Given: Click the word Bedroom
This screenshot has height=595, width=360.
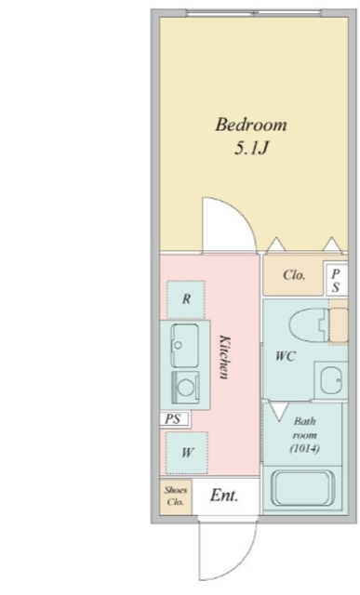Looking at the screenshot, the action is tap(251, 125).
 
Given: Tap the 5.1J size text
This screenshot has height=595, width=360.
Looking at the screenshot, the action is tap(251, 148).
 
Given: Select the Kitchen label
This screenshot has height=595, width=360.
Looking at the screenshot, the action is tap(225, 357).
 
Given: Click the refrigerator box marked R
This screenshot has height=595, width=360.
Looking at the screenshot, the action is tap(186, 299).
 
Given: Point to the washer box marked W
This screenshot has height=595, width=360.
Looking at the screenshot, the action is tap(187, 453).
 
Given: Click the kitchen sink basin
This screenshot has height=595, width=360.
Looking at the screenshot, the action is tap(184, 345).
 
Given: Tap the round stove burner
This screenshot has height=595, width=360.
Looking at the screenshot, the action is tap(186, 388).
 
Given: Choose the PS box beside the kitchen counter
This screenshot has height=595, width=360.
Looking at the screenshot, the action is tap(174, 419).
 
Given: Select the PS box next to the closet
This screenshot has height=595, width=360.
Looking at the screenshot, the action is tap(336, 281).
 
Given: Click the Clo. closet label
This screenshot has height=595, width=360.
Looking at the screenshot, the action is tap(294, 275).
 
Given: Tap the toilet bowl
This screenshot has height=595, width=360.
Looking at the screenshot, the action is tap(308, 325).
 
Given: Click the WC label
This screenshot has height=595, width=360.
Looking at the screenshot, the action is tap(286, 356).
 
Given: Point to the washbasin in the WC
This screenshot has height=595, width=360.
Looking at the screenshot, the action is tap(331, 380).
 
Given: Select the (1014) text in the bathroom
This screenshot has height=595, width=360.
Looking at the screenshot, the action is tap(304, 449).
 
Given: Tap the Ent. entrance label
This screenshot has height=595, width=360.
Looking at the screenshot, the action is tap(224, 496).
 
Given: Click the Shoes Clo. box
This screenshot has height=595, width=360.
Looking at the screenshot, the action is tap(176, 496).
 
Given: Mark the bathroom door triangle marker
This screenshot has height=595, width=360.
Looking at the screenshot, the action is tap(279, 410).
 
